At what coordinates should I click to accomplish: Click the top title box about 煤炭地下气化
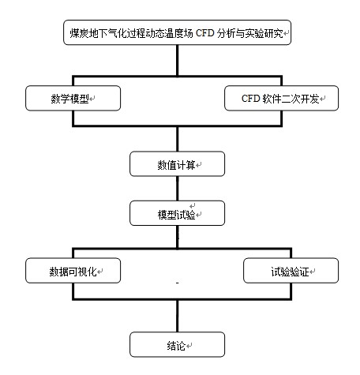pyautogui.click(x=177, y=32)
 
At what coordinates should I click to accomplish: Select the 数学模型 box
pyautogui.click(x=73, y=98)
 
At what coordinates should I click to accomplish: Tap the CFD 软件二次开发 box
pyautogui.click(x=281, y=98)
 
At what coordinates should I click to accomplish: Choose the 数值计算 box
pyautogui.click(x=177, y=163)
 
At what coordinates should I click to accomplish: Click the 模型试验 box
pyautogui.click(x=177, y=213)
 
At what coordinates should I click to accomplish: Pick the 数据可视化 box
pyautogui.click(x=73, y=271)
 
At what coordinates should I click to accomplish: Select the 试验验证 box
pyautogui.click(x=291, y=271)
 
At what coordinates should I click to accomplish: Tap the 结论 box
pyautogui.click(x=177, y=344)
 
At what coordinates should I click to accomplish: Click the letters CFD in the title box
pyautogui.click(x=205, y=33)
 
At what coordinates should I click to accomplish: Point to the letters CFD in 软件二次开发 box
pyautogui.click(x=250, y=99)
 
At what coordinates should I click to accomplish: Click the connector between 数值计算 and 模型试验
pyautogui.click(x=178, y=189)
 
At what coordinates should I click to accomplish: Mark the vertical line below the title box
pyautogui.click(x=178, y=61)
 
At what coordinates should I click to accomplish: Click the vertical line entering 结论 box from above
pyautogui.click(x=178, y=316)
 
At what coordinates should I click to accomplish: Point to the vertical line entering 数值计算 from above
pyautogui.click(x=178, y=139)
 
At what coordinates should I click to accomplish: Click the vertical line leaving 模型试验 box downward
pyautogui.click(x=178, y=237)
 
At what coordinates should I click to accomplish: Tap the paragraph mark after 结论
pyautogui.click(x=189, y=346)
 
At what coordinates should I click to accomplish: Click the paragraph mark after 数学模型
pyautogui.click(x=92, y=99)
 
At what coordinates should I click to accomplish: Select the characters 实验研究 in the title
pyautogui.click(x=264, y=33)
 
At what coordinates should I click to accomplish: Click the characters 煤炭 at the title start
pyautogui.click(x=79, y=33)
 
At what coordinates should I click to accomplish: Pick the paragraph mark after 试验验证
pyautogui.click(x=312, y=272)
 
